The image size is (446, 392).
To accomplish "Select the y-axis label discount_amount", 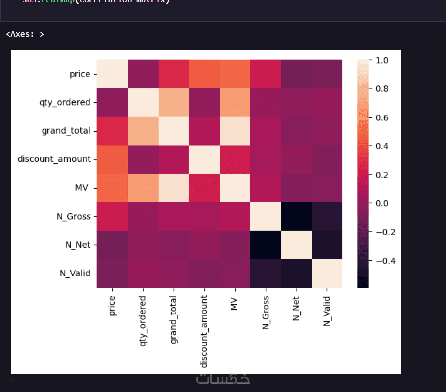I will [54, 159].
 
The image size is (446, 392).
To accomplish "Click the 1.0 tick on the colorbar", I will [382, 60].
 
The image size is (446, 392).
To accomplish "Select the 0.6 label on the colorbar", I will [382, 118].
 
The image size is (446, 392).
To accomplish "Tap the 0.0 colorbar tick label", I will [382, 203].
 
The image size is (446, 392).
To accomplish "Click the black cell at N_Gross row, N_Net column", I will [296, 216].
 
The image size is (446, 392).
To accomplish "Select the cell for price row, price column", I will [112, 74].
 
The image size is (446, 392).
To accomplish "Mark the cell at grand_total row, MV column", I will [234, 131].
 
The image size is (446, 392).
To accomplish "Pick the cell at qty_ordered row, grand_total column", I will [173, 103].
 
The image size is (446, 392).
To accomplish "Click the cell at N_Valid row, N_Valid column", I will [326, 273].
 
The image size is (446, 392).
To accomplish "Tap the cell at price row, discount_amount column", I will [204, 74].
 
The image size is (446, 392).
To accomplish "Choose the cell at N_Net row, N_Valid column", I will [326, 245].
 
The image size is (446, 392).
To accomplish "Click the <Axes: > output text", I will [25, 34].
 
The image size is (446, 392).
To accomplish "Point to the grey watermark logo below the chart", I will [223, 379].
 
